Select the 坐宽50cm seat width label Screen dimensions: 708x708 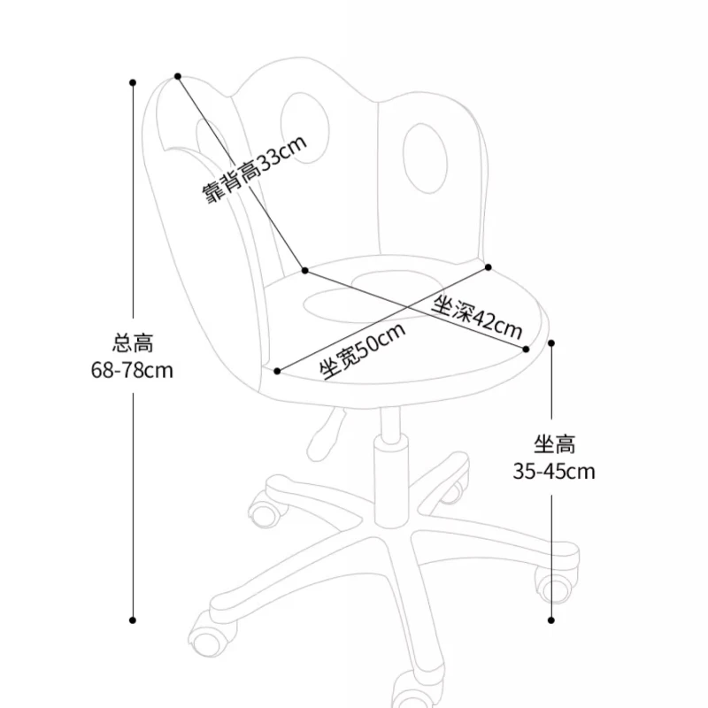point(363,350)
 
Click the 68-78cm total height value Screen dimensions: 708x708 point(132,370)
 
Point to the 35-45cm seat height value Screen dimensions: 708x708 point(554,471)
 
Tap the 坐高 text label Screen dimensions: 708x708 point(554,442)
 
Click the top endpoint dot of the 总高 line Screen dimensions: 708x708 point(133,82)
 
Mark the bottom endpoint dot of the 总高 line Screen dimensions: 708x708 point(133,619)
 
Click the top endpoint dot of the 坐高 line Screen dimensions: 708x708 point(552,342)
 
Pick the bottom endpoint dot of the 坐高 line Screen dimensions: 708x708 point(552,619)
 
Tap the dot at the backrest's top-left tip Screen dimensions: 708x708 point(178,76)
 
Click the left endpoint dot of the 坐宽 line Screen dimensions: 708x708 point(278,372)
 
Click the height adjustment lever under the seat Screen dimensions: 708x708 point(326,429)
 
